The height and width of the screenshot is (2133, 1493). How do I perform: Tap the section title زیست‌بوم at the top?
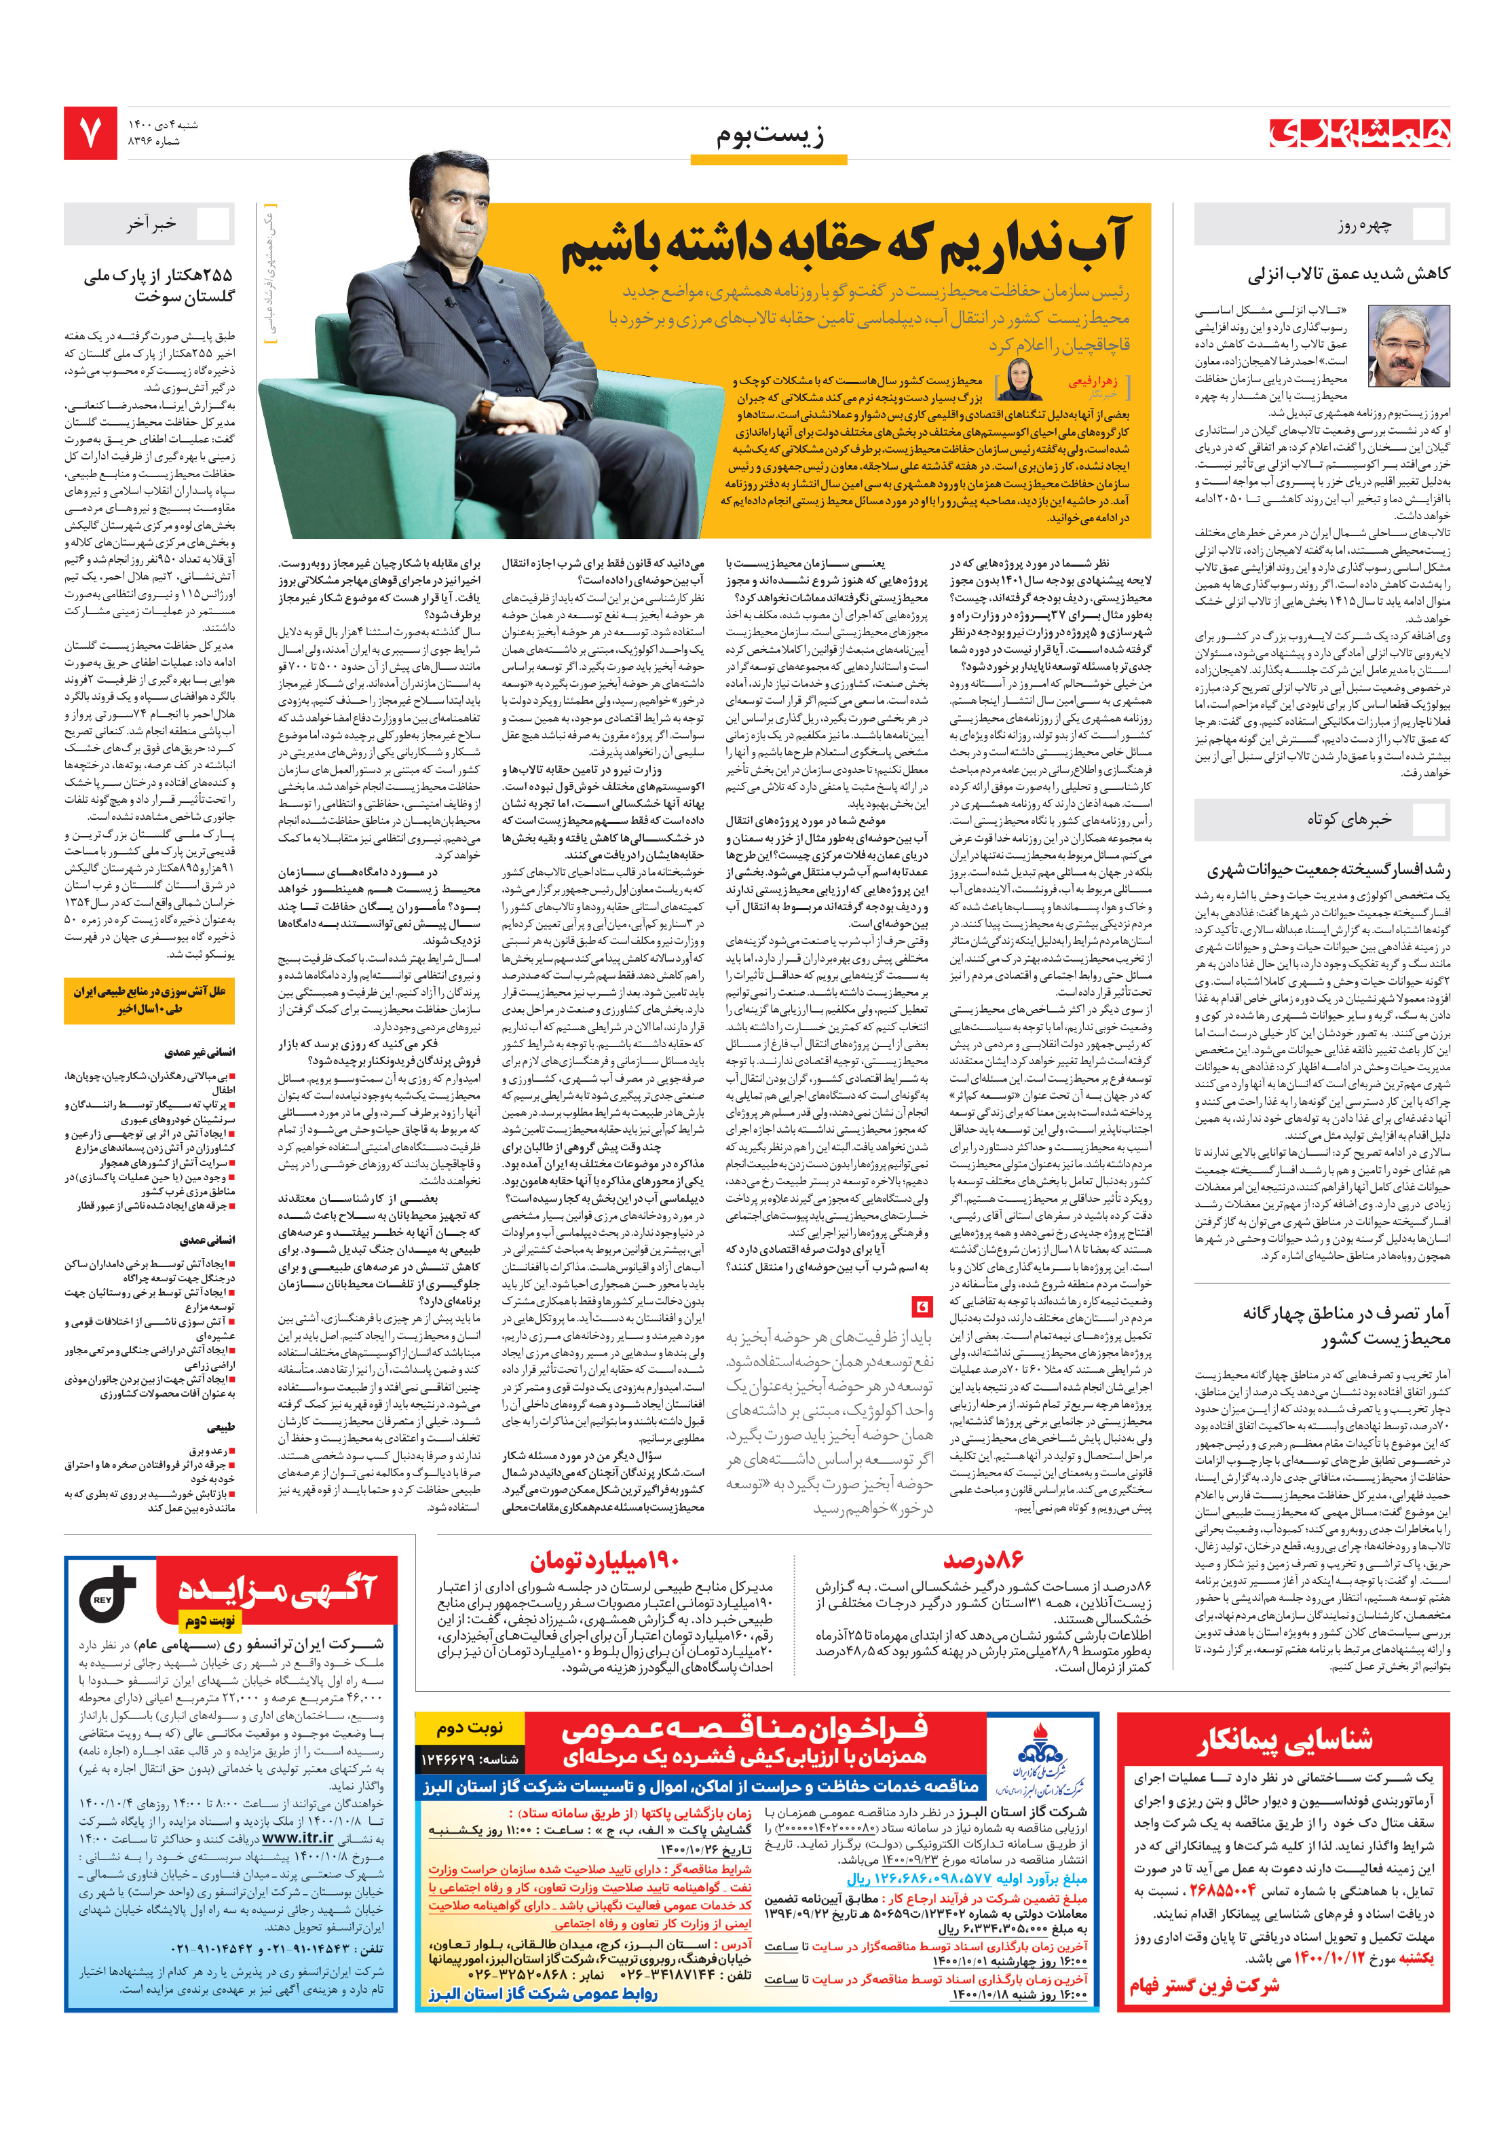(770, 136)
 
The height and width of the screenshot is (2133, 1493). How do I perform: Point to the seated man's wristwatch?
(487, 405)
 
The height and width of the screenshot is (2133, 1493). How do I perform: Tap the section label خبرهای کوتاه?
(1349, 818)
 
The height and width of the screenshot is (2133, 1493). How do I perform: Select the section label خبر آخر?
(151, 224)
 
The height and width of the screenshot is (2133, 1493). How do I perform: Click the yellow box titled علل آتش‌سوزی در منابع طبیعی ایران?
(149, 1000)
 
